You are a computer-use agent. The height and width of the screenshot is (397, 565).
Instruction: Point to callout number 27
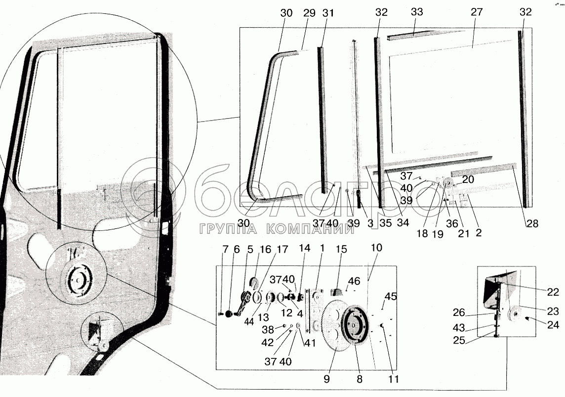pos(476,12)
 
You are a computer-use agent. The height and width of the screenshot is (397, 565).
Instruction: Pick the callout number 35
pos(385,223)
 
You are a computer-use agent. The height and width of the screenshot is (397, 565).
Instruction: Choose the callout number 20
pos(468,180)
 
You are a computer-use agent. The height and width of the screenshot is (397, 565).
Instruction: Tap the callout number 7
pos(226,250)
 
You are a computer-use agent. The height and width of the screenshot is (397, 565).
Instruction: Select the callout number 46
pos(354,281)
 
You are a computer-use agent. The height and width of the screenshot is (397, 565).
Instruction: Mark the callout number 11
pos(393,379)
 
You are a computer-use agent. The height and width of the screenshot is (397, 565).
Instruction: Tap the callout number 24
pos(554,324)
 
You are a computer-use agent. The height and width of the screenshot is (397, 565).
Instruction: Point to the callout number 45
pos(391,297)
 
